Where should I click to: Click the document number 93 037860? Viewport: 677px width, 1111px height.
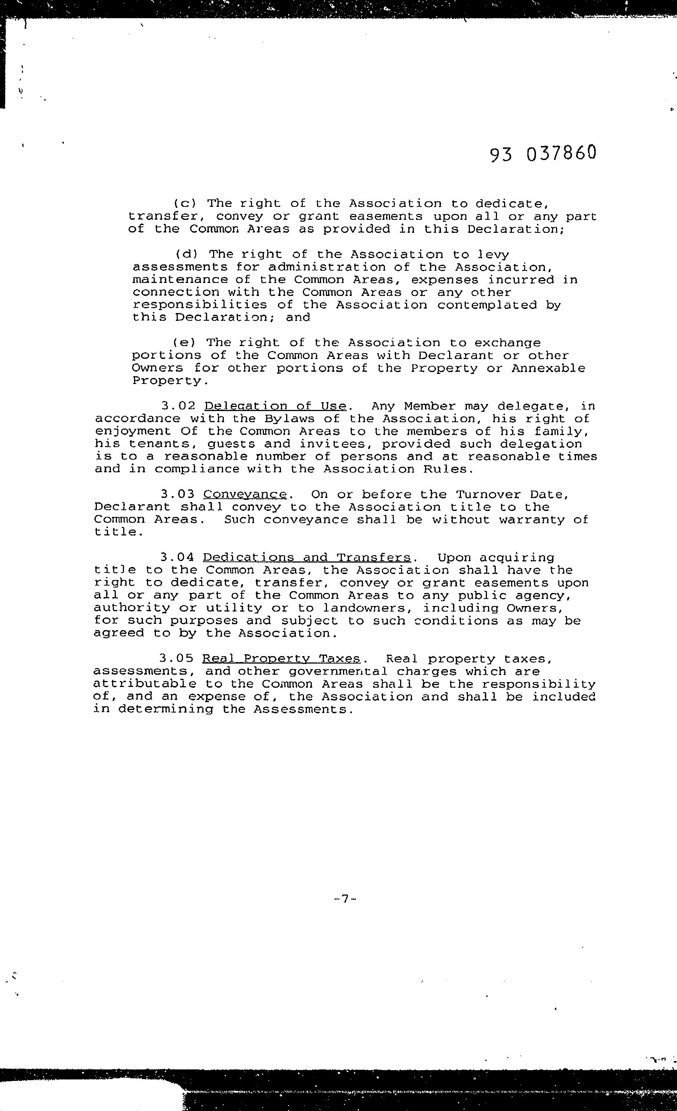[543, 153]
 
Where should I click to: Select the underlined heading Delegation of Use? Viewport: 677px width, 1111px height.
[275, 406]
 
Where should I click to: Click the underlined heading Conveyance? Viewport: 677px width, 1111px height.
[245, 495]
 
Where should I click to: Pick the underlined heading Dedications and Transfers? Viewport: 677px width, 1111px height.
[307, 558]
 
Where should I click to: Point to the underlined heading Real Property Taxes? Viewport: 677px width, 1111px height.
[281, 659]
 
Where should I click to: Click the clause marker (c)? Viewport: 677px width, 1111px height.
[185, 204]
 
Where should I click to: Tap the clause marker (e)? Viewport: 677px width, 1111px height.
[184, 343]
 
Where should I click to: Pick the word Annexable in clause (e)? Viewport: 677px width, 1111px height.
[548, 368]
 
